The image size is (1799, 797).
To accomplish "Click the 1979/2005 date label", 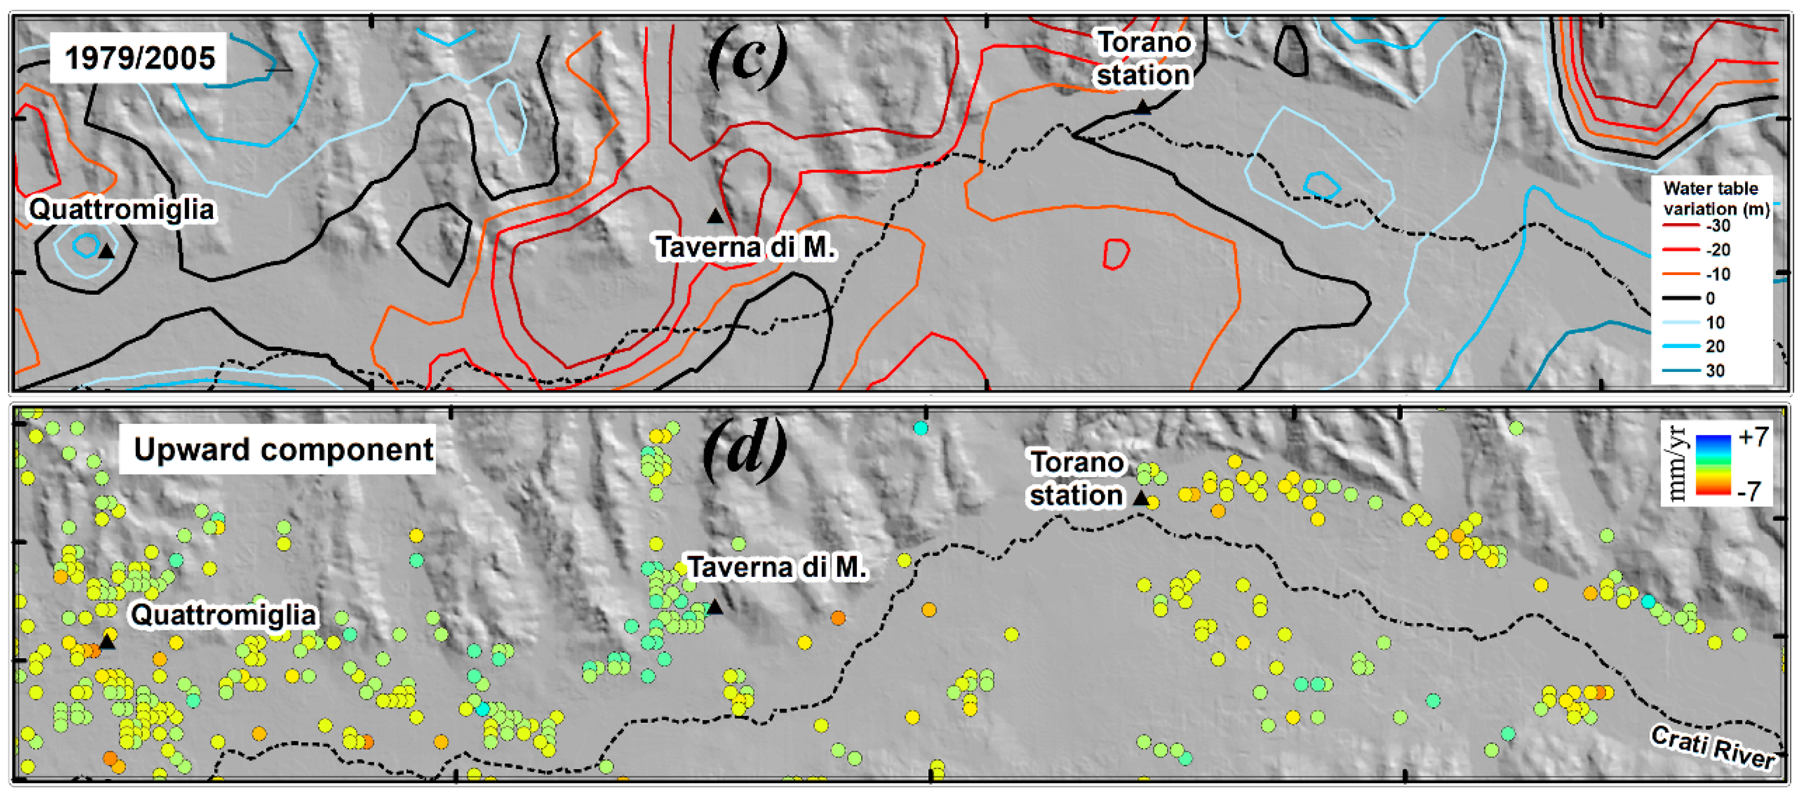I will point(140,58).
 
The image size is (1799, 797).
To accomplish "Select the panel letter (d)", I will point(744,454).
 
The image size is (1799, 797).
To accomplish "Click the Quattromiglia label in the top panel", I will point(121,210).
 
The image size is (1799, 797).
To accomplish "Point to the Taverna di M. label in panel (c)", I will point(744,247).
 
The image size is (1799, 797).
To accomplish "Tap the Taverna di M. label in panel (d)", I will point(777,567).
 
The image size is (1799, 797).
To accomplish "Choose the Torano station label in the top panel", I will point(1143,59).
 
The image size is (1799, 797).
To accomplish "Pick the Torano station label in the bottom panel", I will point(1076,479).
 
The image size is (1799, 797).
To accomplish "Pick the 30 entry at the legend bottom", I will point(1715,371).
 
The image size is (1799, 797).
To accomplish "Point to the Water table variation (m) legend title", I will point(1715,198).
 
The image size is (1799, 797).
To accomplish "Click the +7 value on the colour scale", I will point(1753,437).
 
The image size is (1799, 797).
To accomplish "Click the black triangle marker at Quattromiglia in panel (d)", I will point(107,641).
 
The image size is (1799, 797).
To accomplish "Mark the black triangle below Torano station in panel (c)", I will point(1143,107).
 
